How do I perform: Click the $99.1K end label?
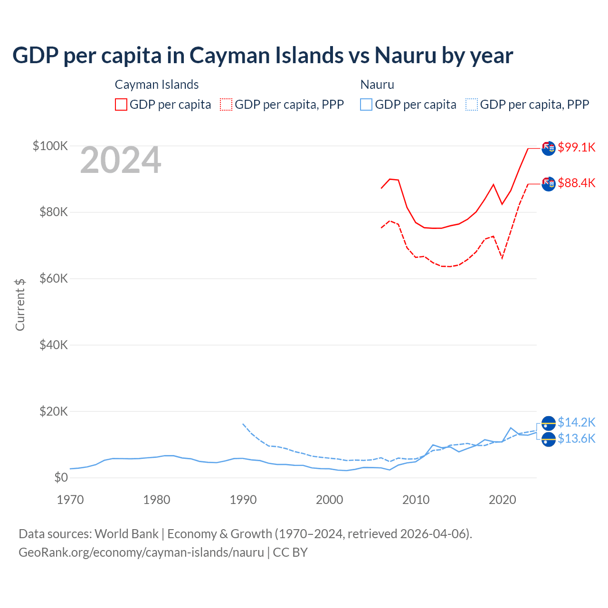pyautogui.click(x=576, y=147)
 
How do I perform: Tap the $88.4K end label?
pyautogui.click(x=576, y=183)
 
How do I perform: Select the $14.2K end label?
pyautogui.click(x=576, y=422)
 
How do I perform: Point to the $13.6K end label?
pyautogui.click(x=576, y=438)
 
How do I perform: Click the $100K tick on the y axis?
pyautogui.click(x=50, y=146)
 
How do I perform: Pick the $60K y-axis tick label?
pyautogui.click(x=53, y=278)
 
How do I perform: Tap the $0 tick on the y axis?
pyautogui.click(x=61, y=477)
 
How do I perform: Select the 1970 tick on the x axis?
pyautogui.click(x=70, y=500)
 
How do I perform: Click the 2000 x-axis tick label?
pyautogui.click(x=330, y=500)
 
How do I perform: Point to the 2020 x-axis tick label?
pyautogui.click(x=503, y=500)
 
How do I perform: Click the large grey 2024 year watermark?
pyautogui.click(x=121, y=161)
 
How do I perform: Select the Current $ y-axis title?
pyautogui.click(x=20, y=304)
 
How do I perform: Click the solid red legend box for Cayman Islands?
pyautogui.click(x=121, y=104)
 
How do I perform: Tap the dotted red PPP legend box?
pyautogui.click(x=226, y=104)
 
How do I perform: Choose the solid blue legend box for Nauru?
pyautogui.click(x=366, y=104)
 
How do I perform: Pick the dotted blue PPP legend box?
pyautogui.click(x=472, y=104)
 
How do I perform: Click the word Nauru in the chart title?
pyautogui.click(x=405, y=55)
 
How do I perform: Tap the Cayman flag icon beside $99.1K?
pyautogui.click(x=549, y=148)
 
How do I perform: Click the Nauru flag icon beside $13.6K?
pyautogui.click(x=549, y=440)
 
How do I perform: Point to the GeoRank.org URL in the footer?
pyautogui.click(x=141, y=552)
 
